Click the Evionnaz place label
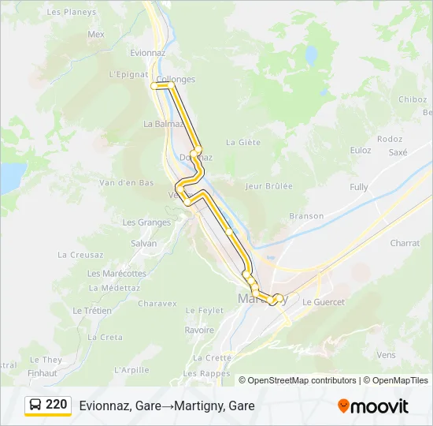coord(147,52)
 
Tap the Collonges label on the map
coord(176,79)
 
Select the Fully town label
coord(359,187)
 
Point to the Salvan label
coord(144,243)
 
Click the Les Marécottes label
coord(117,273)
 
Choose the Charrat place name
coord(405,243)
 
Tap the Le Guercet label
coord(324,302)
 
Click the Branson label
coord(306,215)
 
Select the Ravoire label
coord(199,331)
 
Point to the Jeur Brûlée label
coord(268,186)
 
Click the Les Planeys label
coord(72,12)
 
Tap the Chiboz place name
coord(412,99)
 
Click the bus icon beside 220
coord(35,405)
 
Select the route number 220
coord(57,405)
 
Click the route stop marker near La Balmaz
coord(198,149)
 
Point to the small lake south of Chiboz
coord(311,56)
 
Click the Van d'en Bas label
coord(126,182)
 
